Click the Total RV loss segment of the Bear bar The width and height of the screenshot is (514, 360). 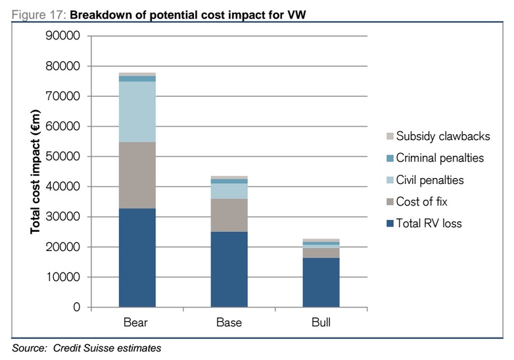(137, 258)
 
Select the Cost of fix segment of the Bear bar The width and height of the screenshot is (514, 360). (137, 175)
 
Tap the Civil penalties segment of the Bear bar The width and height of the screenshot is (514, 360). (137, 112)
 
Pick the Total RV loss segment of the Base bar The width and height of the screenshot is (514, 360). (229, 269)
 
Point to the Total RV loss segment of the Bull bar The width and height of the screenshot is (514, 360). (321, 282)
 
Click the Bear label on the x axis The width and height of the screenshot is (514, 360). (137, 323)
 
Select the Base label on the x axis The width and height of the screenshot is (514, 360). (229, 323)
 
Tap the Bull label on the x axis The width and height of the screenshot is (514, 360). (321, 323)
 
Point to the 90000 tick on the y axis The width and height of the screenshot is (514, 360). (63, 36)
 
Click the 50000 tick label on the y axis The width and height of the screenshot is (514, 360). (63, 157)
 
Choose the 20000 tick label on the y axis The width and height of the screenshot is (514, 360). (63, 247)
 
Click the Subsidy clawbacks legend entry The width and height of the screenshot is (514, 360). (442, 136)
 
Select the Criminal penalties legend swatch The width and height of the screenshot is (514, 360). (390, 158)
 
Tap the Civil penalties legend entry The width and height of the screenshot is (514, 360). (438, 180)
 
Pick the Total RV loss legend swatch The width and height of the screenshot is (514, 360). (390, 223)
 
